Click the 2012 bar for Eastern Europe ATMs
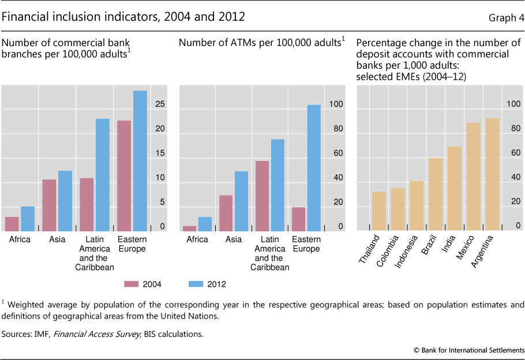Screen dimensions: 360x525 tap(314, 168)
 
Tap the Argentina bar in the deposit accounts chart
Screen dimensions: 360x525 tap(492, 175)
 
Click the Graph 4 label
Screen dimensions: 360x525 tap(506, 18)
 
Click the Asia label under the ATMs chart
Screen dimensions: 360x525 tap(234, 239)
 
